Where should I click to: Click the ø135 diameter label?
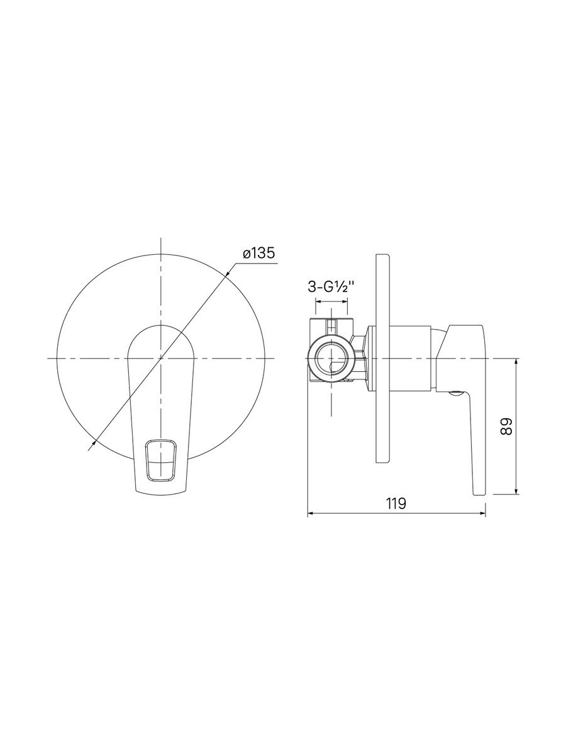point(259,254)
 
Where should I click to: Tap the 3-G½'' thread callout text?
point(331,286)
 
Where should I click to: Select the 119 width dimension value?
point(396,503)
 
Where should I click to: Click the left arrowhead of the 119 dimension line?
point(311,514)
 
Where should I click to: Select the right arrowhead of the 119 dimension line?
point(482,514)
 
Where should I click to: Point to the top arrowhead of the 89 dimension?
point(516,362)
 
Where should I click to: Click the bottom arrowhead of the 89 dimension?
point(516,490)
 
